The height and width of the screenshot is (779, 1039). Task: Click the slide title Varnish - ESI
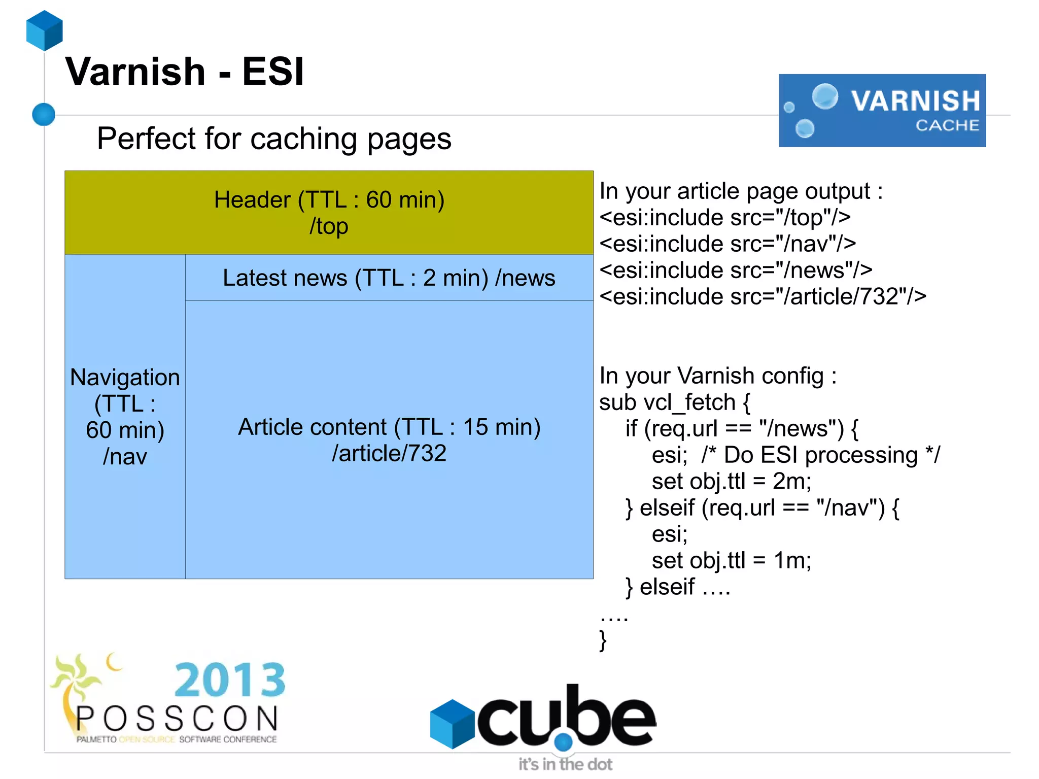pyautogui.click(x=185, y=72)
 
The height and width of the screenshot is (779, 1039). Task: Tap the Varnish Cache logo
pyautogui.click(x=882, y=111)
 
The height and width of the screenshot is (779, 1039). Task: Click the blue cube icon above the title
pyautogui.click(x=45, y=30)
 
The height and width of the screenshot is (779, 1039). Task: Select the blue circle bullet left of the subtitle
pyautogui.click(x=44, y=114)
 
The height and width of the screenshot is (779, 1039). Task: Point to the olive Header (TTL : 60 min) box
pyautogui.click(x=329, y=213)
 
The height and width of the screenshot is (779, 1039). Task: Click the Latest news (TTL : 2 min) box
pyautogui.click(x=389, y=278)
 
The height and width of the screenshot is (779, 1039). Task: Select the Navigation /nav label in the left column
pyautogui.click(x=125, y=416)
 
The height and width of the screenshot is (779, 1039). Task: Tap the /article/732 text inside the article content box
pyautogui.click(x=389, y=453)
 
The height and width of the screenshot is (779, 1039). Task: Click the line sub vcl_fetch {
pyautogui.click(x=674, y=402)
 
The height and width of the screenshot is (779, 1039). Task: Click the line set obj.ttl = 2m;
pyautogui.click(x=731, y=482)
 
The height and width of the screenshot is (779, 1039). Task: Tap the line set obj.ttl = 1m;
pyautogui.click(x=731, y=561)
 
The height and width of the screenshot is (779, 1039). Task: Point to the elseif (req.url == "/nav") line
pyautogui.click(x=763, y=508)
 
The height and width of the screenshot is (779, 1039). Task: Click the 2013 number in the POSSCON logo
pyautogui.click(x=230, y=680)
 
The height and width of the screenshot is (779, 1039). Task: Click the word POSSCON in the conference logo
pyautogui.click(x=177, y=719)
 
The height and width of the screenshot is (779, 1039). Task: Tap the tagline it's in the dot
pyautogui.click(x=565, y=764)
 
